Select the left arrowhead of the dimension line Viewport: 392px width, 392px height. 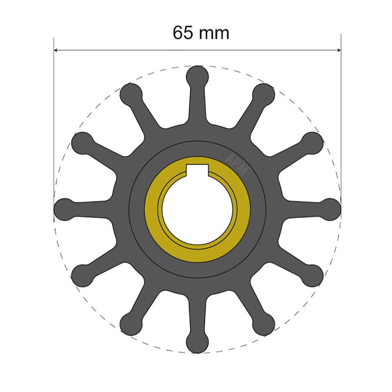pyautogui.click(x=56, y=50)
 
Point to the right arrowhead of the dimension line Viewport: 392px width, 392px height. pyautogui.click(x=338, y=50)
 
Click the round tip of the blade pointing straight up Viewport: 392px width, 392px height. pyautogui.click(x=197, y=76)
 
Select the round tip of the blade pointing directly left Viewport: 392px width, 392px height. pyautogui.click(x=65, y=208)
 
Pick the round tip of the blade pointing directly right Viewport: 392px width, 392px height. pyautogui.click(x=330, y=208)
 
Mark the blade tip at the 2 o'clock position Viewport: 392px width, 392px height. pyautogui.click(x=312, y=142)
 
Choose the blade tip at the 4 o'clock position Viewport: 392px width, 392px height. pyautogui.click(x=312, y=274)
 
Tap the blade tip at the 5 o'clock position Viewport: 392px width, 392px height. pyautogui.click(x=264, y=323)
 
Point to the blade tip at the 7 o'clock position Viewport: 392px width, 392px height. pyautogui.click(x=131, y=323)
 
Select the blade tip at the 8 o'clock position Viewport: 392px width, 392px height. pyautogui.click(x=83, y=274)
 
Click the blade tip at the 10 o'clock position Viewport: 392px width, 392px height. pyautogui.click(x=83, y=142)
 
